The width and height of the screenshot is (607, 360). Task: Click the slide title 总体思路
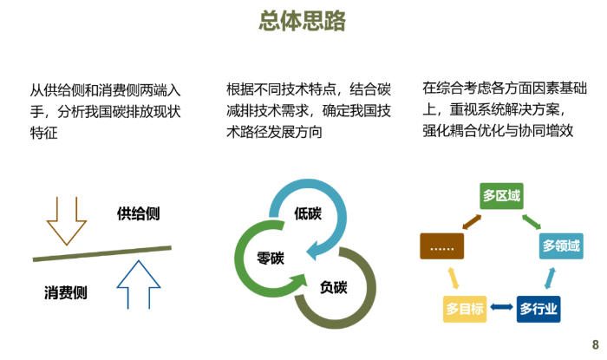[303, 21]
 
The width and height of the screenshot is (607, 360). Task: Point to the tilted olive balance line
[101, 252]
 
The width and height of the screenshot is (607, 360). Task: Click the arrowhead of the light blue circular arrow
[314, 251]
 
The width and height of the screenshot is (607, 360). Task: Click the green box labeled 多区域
[502, 195]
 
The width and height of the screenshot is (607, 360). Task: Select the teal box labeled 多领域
[561, 246]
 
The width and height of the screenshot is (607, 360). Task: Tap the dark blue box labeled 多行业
[538, 309]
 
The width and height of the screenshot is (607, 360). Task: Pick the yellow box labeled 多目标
[465, 309]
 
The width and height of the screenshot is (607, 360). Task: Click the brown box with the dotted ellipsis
[442, 246]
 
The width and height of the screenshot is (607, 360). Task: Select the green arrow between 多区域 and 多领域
[531, 220]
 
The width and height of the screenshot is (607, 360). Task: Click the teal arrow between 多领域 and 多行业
[550, 278]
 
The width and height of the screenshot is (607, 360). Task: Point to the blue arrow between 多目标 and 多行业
[501, 307]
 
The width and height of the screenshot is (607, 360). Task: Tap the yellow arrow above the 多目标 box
[454, 278]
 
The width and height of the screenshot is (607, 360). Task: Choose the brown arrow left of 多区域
[472, 221]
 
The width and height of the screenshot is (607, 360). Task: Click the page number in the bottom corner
[596, 344]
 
